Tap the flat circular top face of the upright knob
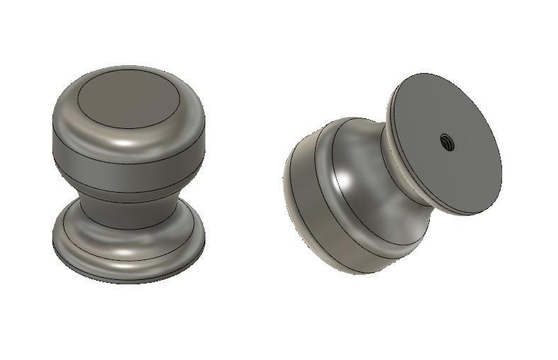[127, 101]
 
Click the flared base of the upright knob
[128, 244]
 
